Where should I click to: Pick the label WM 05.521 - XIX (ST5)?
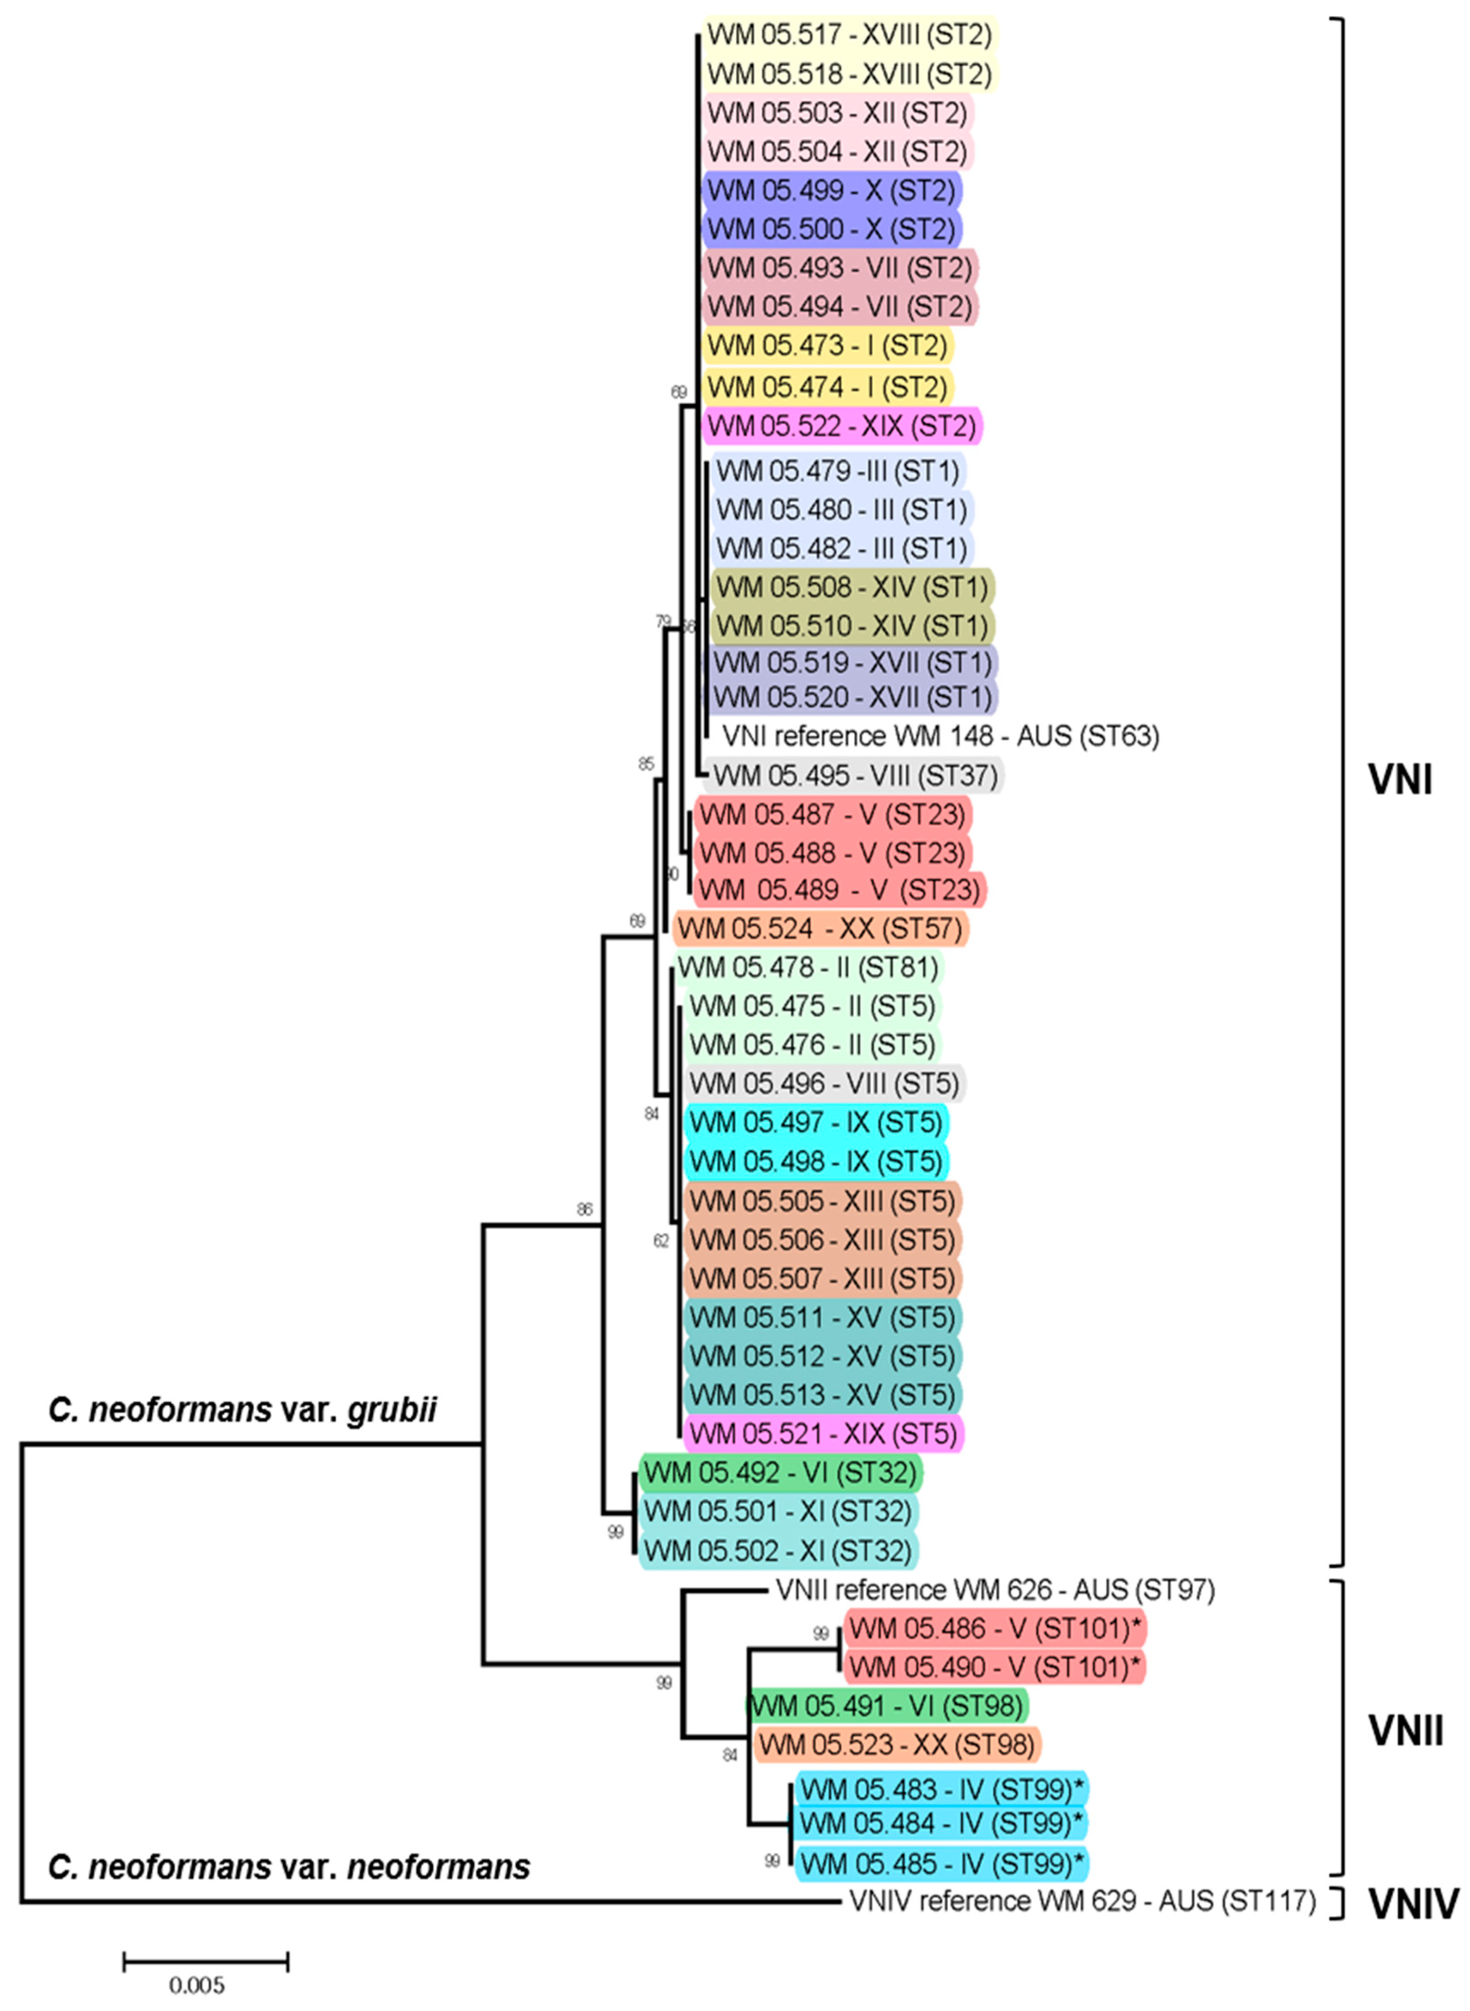(823, 1433)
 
